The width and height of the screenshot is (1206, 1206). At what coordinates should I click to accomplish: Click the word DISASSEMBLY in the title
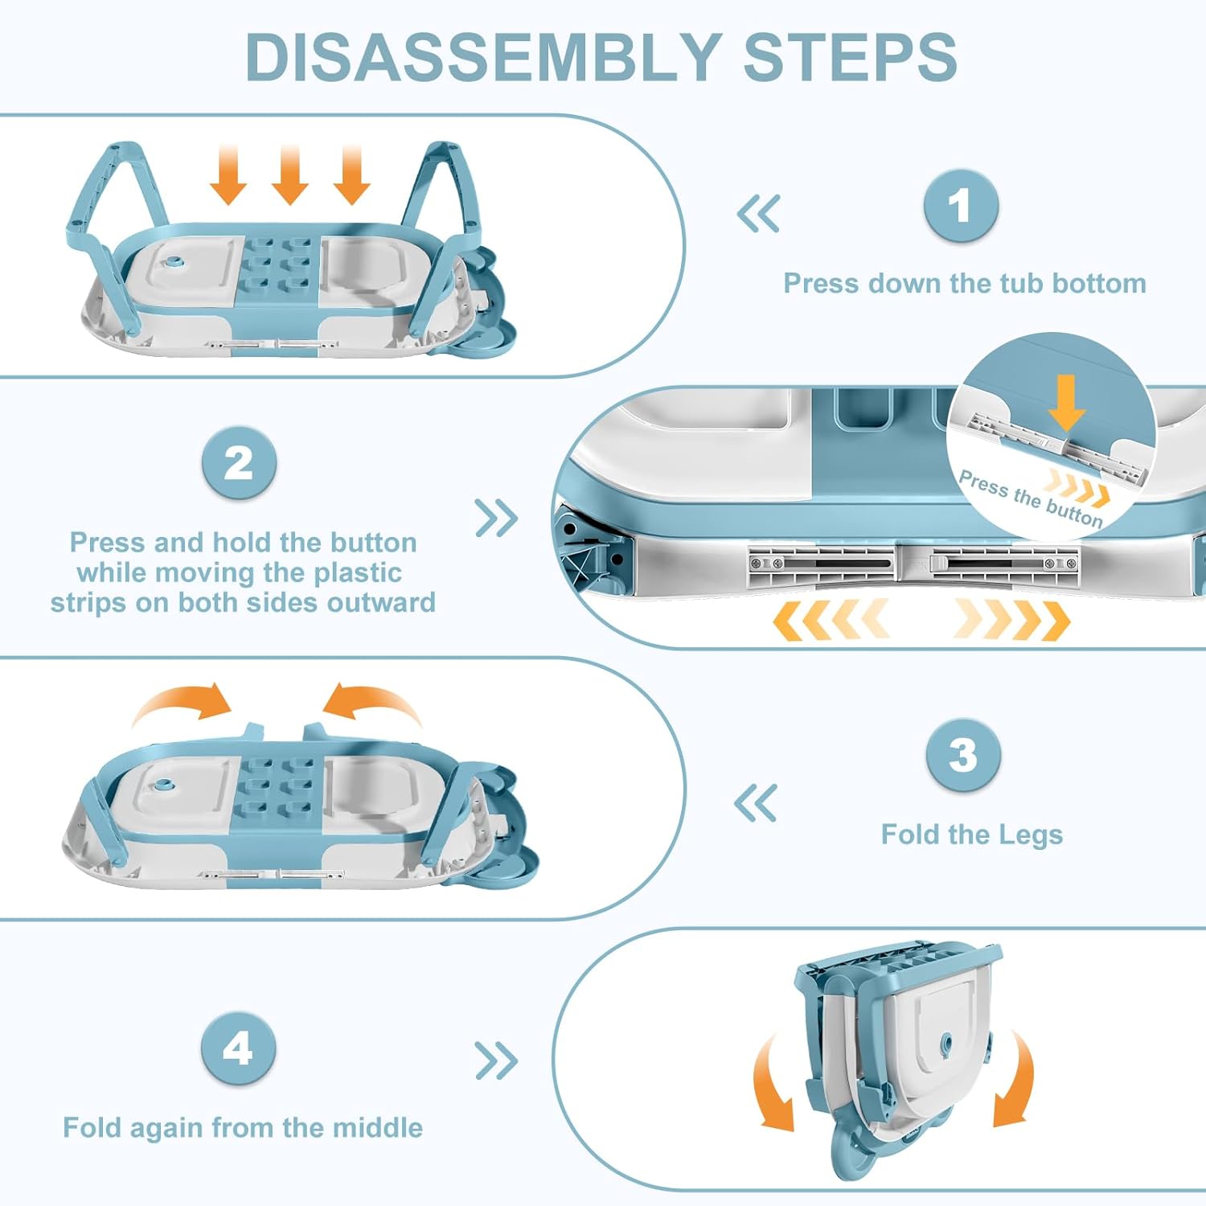point(482,57)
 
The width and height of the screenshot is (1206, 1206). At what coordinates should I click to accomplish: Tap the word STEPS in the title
point(850,57)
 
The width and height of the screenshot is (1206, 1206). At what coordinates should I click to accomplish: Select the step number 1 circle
point(961,206)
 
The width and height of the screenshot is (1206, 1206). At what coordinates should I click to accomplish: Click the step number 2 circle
point(239,464)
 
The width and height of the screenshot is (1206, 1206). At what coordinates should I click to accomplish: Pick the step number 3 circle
point(962,755)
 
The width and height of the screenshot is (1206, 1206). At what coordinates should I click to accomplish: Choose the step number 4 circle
point(238,1048)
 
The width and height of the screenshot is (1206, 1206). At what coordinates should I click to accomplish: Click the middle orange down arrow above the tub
point(289,175)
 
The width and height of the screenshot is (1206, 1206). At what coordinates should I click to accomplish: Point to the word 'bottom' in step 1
point(1099,284)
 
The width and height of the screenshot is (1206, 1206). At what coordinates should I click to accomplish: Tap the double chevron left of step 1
point(758,214)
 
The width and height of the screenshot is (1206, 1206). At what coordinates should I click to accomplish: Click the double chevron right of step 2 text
point(496,519)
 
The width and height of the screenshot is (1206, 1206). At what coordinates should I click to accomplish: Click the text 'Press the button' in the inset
point(1030,498)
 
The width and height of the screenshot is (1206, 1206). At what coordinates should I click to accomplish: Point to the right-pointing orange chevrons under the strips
point(1012,620)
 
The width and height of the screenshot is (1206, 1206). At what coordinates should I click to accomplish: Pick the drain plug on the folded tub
point(946,1044)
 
